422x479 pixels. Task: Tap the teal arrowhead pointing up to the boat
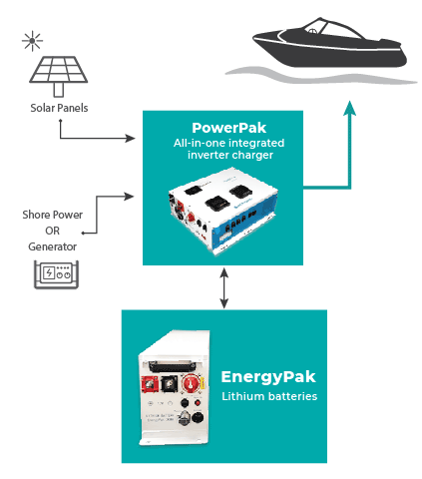(348, 107)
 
